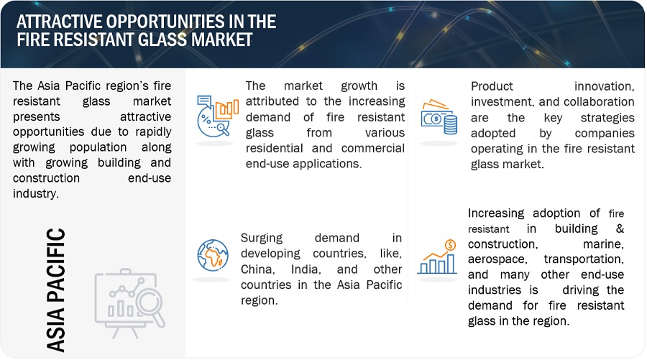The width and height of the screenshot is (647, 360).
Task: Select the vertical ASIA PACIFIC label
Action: (55, 290)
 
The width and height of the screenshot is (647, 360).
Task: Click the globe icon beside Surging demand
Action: (213, 255)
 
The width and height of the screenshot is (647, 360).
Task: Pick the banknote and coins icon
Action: (439, 117)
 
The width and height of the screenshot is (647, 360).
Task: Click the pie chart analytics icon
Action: (217, 116)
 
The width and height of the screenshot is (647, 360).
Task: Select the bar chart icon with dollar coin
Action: (437, 257)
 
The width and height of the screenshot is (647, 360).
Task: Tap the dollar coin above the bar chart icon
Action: (450, 245)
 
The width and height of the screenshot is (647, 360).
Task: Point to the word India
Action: (306, 269)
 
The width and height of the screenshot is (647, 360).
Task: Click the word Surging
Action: (262, 239)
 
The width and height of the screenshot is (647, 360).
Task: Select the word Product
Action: (492, 86)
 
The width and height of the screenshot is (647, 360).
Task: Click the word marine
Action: (603, 244)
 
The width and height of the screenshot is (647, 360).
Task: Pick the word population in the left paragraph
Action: (98, 147)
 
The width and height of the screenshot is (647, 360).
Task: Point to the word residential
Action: (274, 148)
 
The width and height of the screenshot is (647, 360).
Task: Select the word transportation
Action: (584, 259)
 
